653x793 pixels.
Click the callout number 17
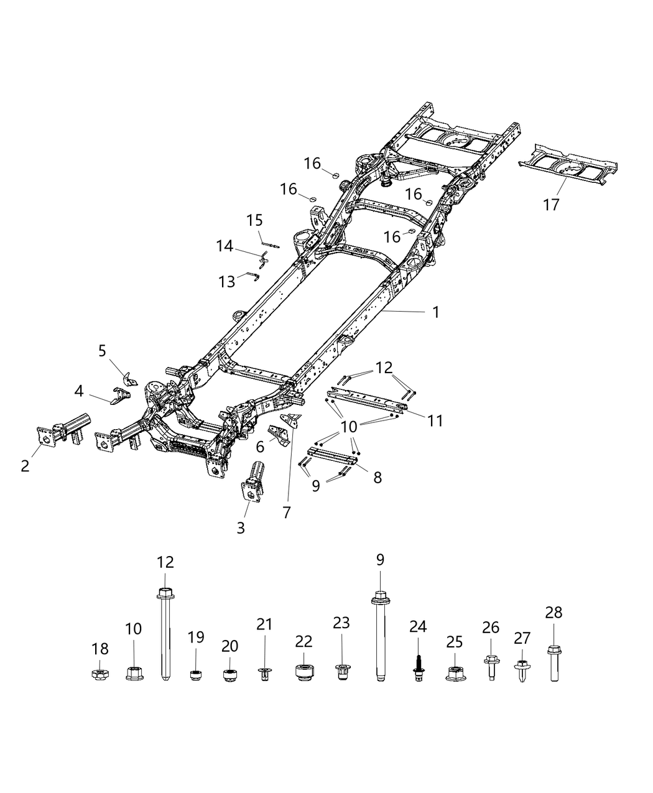tap(551, 204)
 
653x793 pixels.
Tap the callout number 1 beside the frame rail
tap(436, 312)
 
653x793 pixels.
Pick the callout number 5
tap(103, 351)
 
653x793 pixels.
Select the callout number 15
tap(254, 221)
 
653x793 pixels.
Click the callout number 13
tap(227, 282)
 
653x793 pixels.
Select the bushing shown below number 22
tap(303, 673)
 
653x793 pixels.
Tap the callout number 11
tap(435, 420)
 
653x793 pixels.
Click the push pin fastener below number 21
tap(265, 672)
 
